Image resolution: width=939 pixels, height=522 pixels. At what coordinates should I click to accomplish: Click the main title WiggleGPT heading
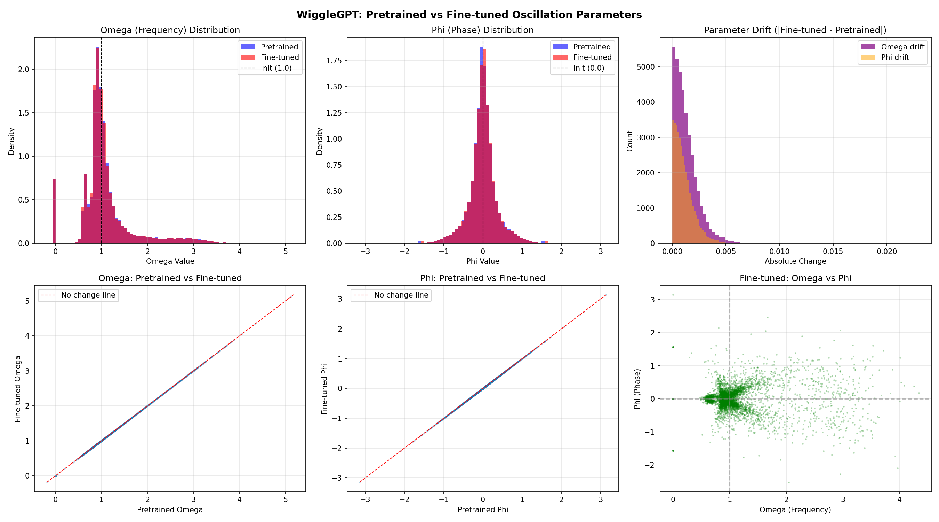click(469, 15)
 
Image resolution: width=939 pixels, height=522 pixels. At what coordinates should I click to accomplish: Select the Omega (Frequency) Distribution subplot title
click(170, 30)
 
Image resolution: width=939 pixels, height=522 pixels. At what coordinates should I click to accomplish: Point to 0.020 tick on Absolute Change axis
click(886, 252)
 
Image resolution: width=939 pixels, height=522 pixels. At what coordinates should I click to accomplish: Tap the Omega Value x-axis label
click(170, 261)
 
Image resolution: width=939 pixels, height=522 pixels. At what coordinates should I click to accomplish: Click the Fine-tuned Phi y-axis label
click(324, 388)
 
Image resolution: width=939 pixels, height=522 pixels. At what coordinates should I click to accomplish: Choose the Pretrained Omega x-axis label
click(170, 509)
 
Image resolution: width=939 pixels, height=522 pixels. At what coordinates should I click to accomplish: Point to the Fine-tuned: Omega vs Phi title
click(795, 278)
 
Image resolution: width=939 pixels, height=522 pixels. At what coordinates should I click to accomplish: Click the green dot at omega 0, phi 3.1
click(673, 295)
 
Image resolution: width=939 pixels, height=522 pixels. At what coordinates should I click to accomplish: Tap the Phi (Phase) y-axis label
click(637, 388)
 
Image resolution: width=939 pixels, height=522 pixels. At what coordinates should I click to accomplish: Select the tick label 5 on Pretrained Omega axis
click(285, 499)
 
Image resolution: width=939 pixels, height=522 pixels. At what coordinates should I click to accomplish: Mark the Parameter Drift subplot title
click(795, 30)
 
